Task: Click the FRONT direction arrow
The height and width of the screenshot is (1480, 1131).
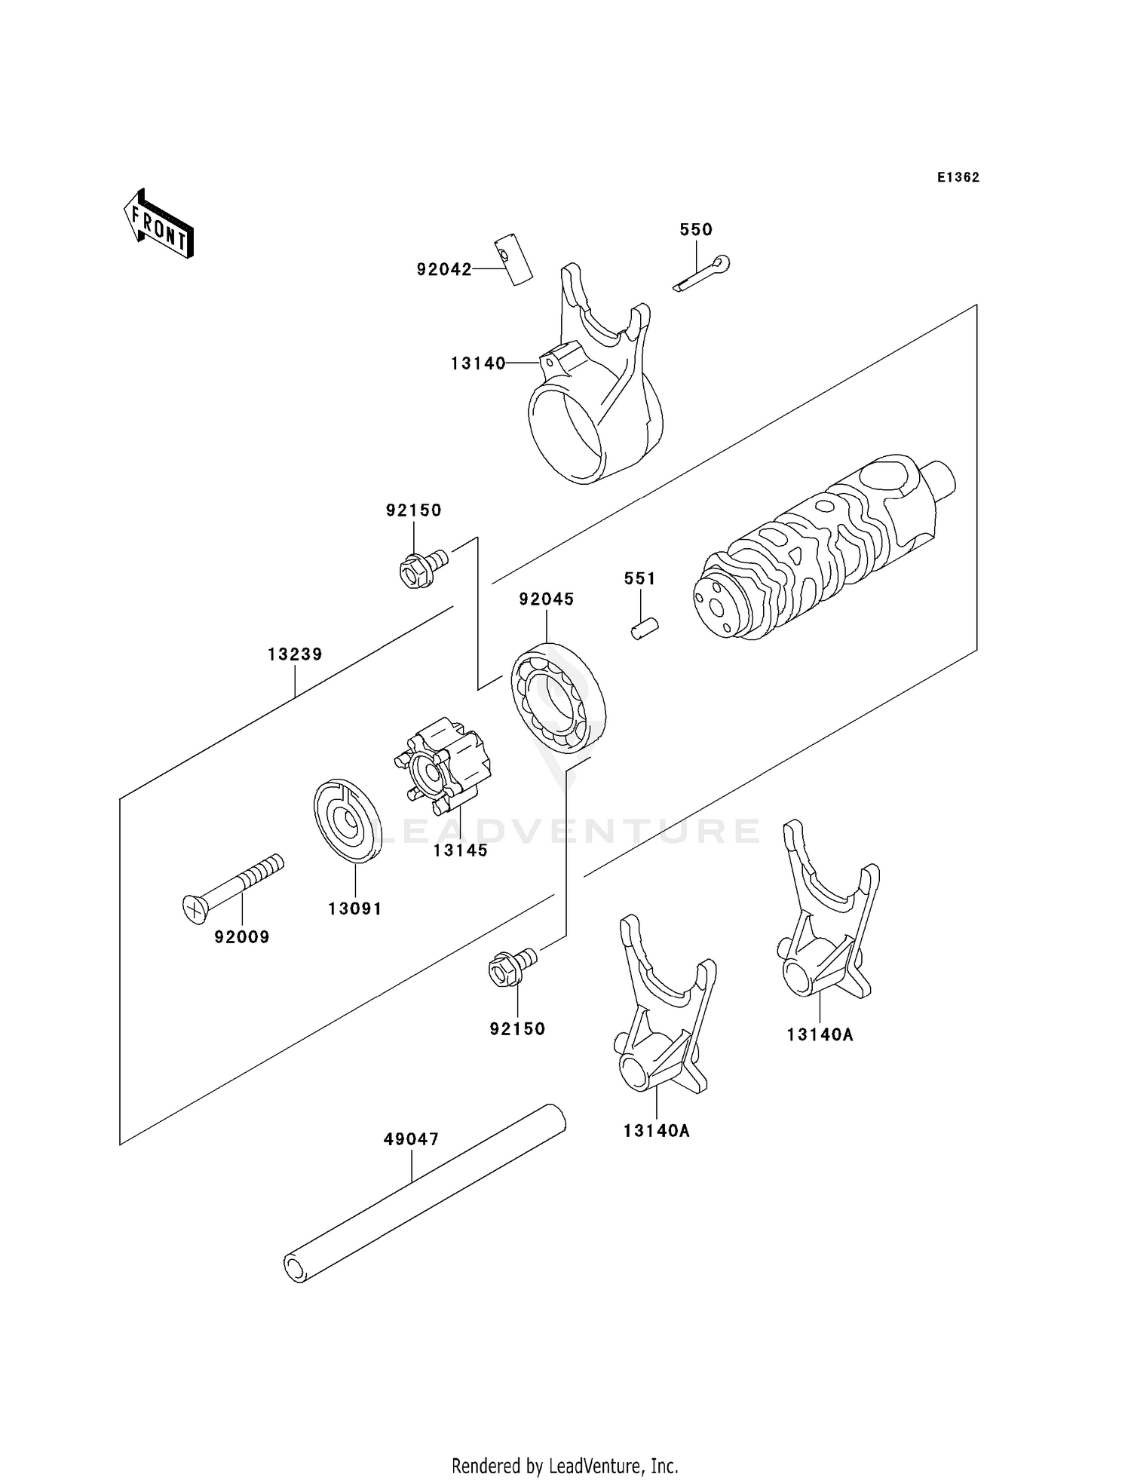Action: point(159,224)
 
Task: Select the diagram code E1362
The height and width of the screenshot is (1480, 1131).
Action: point(958,177)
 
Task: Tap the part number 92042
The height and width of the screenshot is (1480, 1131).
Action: point(444,269)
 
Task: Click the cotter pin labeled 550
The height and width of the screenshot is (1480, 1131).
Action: point(702,274)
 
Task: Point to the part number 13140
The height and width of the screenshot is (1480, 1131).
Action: point(478,363)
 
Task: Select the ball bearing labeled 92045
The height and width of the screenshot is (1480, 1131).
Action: point(559,697)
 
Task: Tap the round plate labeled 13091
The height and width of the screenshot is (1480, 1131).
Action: point(347,820)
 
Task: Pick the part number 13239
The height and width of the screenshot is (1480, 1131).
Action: point(295,654)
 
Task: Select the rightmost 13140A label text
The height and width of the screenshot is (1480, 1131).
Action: point(820,1034)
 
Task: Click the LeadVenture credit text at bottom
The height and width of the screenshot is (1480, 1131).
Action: point(565,1466)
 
